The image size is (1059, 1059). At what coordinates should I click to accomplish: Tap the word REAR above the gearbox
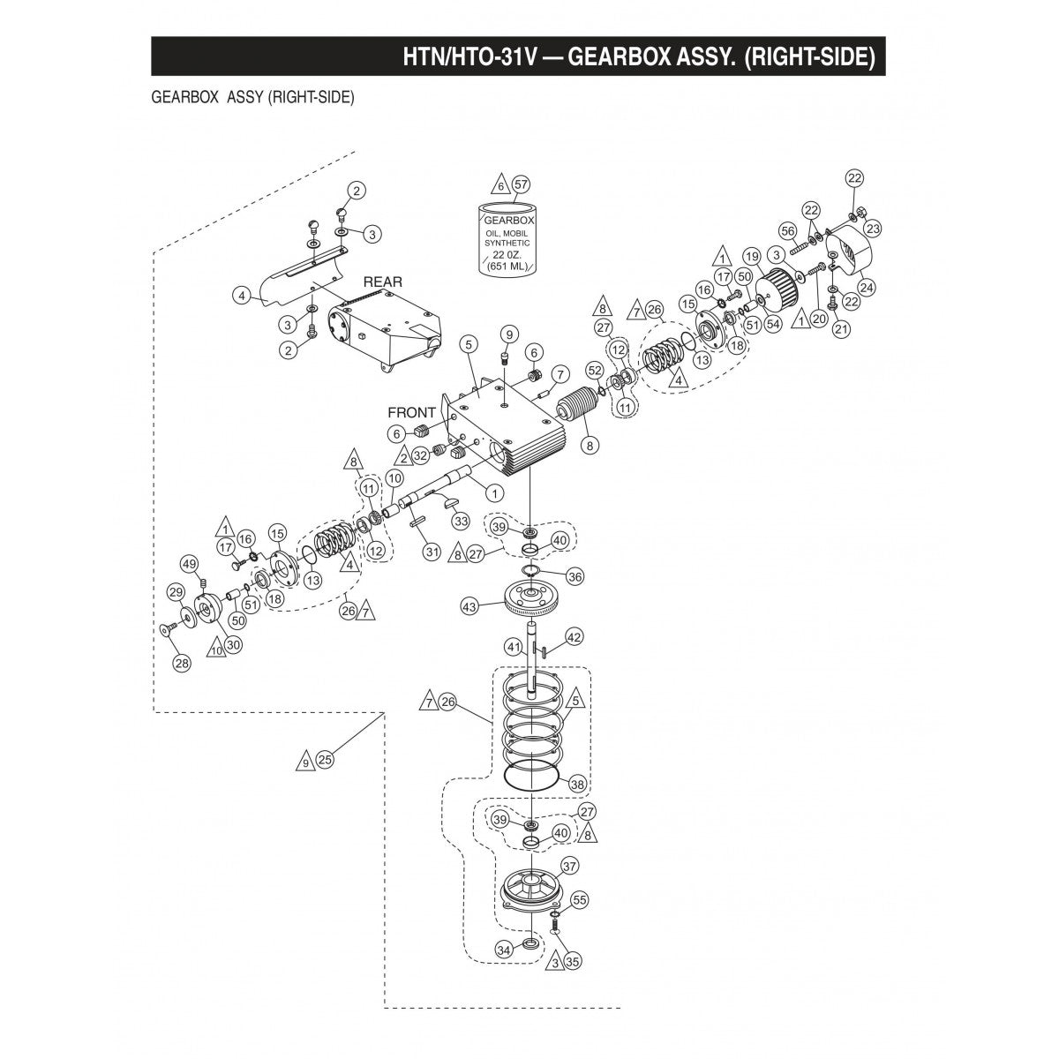click(x=382, y=282)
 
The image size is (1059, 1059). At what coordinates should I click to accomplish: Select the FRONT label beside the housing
click(x=412, y=412)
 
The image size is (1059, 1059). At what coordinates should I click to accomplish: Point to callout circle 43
click(x=469, y=606)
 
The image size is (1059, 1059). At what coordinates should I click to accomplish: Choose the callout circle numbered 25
click(x=325, y=759)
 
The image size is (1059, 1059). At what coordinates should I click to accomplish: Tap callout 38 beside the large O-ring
click(x=577, y=783)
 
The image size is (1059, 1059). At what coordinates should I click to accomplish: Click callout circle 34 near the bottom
click(x=504, y=950)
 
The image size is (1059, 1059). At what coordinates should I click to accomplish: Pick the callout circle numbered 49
click(x=188, y=564)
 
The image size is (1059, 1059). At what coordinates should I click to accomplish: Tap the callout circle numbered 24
click(x=867, y=286)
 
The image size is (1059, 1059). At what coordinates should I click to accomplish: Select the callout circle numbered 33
click(x=460, y=522)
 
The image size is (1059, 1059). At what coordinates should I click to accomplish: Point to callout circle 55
click(x=578, y=900)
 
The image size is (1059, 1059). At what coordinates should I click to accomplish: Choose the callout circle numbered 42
click(x=574, y=636)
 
